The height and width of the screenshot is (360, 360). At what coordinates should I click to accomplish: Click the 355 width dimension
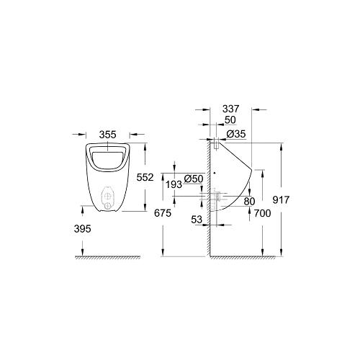[108, 135]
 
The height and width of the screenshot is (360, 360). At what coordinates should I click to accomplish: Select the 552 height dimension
[145, 177]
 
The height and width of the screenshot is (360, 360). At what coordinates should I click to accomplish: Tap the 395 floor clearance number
[83, 229]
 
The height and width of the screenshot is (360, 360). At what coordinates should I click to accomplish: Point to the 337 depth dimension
[231, 109]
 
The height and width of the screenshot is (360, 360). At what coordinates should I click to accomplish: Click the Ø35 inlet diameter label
[236, 134]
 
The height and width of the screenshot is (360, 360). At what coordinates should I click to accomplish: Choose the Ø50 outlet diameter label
[194, 179]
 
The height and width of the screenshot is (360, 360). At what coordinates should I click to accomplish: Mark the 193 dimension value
[174, 184]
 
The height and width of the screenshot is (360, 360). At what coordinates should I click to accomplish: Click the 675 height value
[163, 213]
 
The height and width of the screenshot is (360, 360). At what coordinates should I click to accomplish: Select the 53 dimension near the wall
[197, 220]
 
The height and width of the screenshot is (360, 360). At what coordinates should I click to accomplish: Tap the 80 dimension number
[249, 202]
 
